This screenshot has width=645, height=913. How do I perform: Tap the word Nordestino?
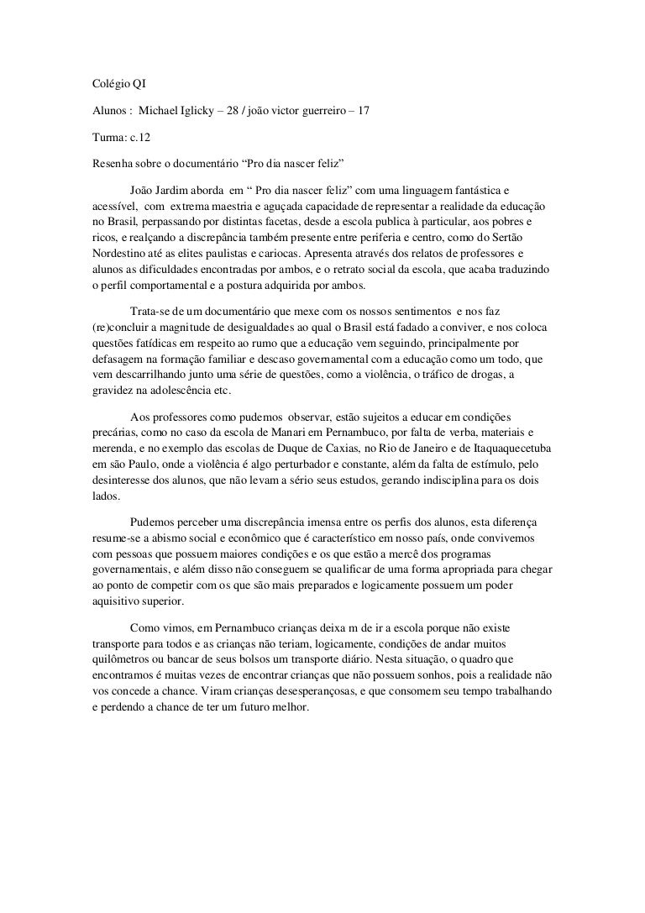[x=118, y=253]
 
